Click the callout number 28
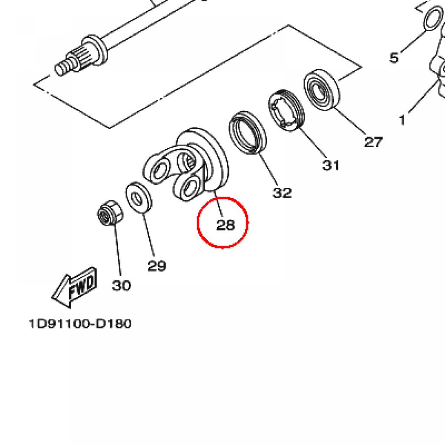coord(226,225)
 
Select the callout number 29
coord(156,266)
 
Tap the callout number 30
coord(121,286)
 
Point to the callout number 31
coord(331,165)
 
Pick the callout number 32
coord(282,193)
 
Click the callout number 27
coord(373,142)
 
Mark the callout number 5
coord(394,57)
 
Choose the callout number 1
coord(402,119)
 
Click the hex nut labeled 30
coord(109,213)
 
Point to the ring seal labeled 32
coord(247,133)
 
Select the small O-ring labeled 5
coord(431,18)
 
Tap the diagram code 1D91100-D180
coord(80,324)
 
